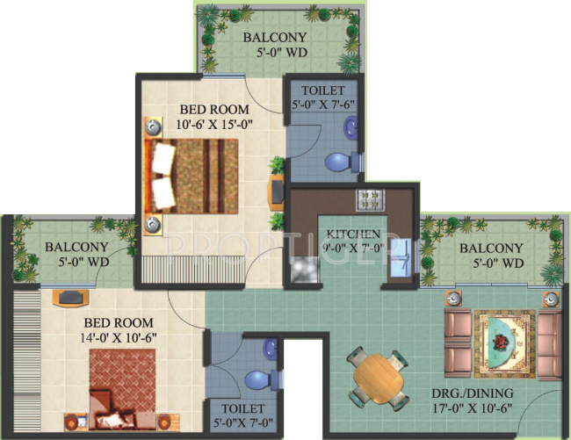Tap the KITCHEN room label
(x=354, y=234)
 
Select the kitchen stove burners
(x=366, y=199)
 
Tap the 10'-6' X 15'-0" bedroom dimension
(x=215, y=124)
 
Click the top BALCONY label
(x=275, y=38)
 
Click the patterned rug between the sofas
(x=503, y=341)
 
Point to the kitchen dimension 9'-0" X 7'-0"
(x=354, y=249)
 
